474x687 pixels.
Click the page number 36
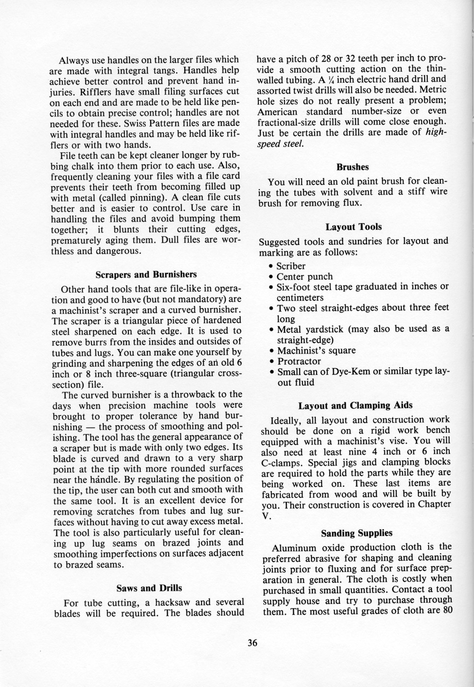(252, 643)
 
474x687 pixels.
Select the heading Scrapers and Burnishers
(146, 274)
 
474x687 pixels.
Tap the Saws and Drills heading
(149, 588)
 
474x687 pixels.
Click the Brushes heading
(353, 167)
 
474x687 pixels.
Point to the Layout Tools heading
(354, 227)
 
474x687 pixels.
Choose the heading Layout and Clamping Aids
(355, 406)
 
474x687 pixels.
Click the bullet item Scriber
(291, 266)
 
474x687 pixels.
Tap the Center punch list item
(304, 277)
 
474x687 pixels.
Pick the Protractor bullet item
(299, 362)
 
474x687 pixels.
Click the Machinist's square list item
(316, 351)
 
